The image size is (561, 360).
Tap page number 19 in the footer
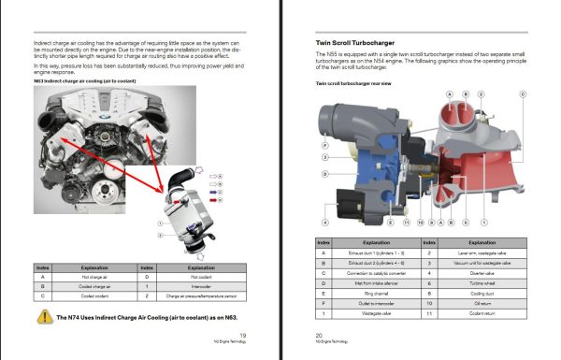click(x=243, y=334)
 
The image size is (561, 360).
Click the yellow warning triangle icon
click(x=43, y=317)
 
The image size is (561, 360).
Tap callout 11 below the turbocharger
click(x=406, y=223)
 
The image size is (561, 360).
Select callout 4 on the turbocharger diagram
click(x=324, y=223)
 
